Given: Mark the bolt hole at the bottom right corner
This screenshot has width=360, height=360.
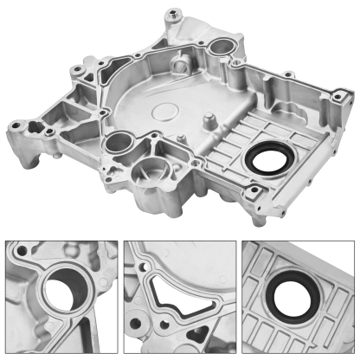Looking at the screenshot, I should tap(255, 191).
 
